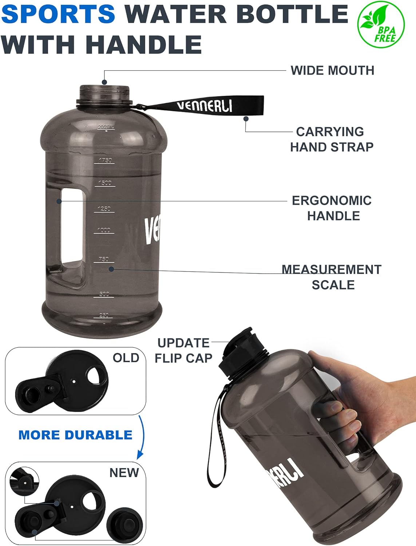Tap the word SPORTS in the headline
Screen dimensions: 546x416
coord(58,13)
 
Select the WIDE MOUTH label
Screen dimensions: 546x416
coord(332,70)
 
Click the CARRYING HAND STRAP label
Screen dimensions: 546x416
coord(332,139)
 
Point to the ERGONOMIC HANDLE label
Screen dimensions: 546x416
coord(332,208)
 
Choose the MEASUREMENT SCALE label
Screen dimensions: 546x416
coord(332,277)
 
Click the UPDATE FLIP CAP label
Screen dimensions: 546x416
coord(183,350)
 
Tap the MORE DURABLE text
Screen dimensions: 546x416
coord(75,435)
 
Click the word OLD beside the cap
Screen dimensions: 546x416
coord(126,358)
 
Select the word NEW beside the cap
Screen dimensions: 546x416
coord(124,472)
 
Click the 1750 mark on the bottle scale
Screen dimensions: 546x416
coord(105,160)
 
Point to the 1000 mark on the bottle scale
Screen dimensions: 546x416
coord(104,230)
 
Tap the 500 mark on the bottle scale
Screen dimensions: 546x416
coord(104,294)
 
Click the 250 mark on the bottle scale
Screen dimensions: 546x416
coord(104,315)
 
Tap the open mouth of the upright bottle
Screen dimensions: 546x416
coord(104,88)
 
